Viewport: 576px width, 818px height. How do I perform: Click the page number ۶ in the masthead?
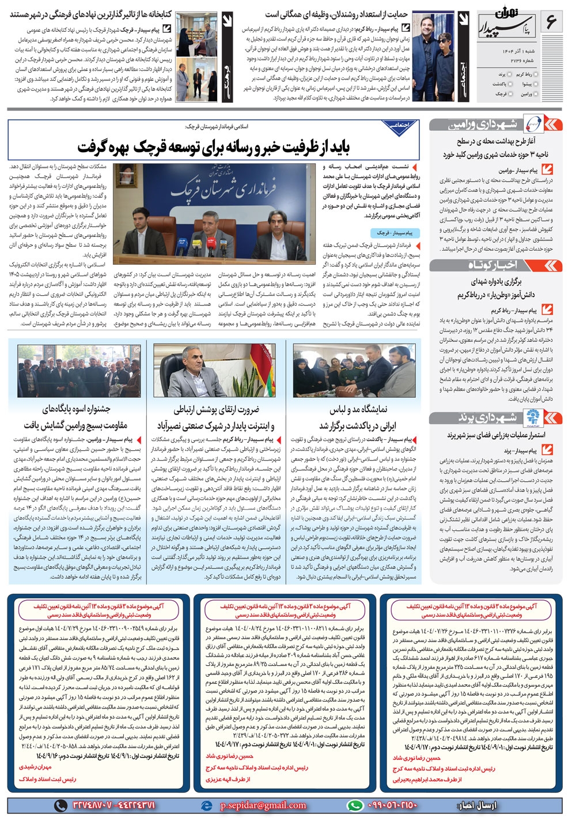551,22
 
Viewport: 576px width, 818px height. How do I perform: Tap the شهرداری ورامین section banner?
495,125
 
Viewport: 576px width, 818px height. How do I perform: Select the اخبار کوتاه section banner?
495,265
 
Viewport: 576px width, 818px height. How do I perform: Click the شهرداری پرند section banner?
495,417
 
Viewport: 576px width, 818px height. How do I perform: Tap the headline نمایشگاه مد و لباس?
358,417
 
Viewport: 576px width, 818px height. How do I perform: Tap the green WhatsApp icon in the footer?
355,805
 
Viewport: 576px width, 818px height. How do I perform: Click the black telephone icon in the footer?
60,805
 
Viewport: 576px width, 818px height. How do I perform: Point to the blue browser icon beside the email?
209,805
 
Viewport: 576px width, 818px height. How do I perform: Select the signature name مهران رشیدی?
35,767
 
